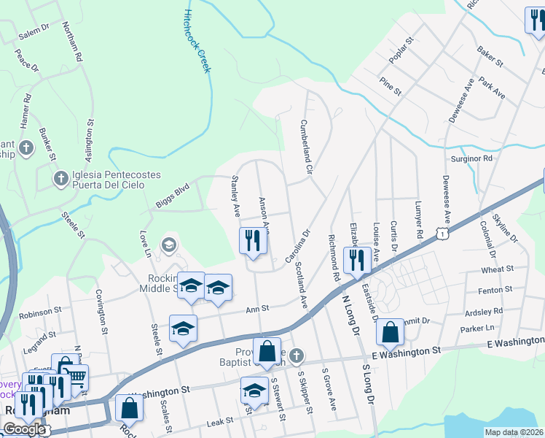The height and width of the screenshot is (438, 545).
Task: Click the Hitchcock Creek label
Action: click(x=197, y=42)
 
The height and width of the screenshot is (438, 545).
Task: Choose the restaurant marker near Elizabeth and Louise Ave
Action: click(x=357, y=261)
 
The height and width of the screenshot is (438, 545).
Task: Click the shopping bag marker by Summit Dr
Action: click(x=391, y=332)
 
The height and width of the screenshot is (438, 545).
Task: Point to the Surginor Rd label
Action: click(x=472, y=158)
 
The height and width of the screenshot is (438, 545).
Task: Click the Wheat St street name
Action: click(x=498, y=269)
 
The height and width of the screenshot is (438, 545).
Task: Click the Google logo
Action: click(x=23, y=429)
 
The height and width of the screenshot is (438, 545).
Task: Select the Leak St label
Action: click(x=219, y=420)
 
